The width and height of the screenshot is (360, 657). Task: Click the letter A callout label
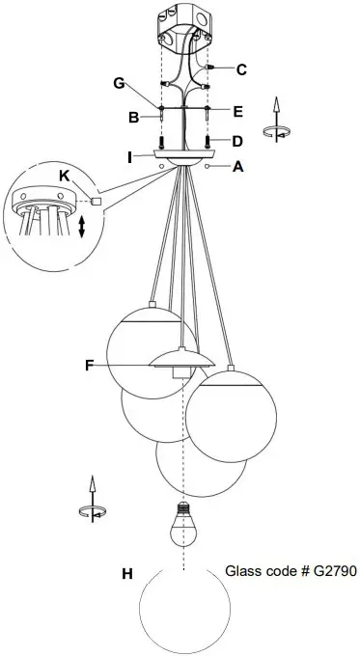[x=239, y=166]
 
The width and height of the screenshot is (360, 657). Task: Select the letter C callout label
[x=241, y=68]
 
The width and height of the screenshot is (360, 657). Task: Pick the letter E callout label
[x=238, y=110]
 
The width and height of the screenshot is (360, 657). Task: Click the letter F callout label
[x=90, y=365]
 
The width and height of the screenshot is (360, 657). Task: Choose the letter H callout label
[x=126, y=574]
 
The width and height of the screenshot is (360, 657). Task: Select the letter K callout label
[x=64, y=178]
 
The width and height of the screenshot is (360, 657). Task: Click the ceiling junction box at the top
[x=183, y=27]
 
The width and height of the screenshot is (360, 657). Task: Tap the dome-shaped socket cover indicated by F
[x=181, y=362]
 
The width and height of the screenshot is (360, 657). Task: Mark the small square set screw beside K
[x=97, y=201]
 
